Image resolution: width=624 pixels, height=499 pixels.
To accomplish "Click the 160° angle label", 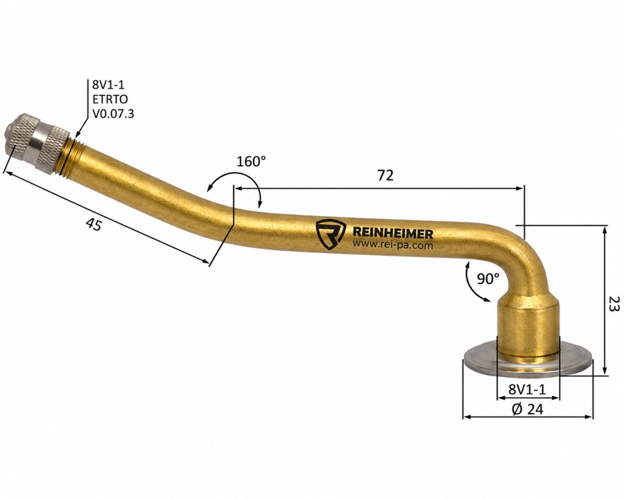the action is [251, 161].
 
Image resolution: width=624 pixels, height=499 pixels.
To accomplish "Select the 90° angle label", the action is [488, 279].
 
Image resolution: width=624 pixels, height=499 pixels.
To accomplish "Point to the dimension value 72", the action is [385, 175].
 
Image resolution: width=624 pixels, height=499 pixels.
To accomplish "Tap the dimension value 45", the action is [94, 225].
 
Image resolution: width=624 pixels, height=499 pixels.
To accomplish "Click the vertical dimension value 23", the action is [614, 304].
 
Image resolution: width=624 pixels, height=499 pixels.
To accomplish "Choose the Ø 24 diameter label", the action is [528, 409].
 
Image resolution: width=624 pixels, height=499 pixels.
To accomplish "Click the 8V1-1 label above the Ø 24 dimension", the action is [528, 389].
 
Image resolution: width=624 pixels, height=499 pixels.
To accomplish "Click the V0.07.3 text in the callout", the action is [114, 114].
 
